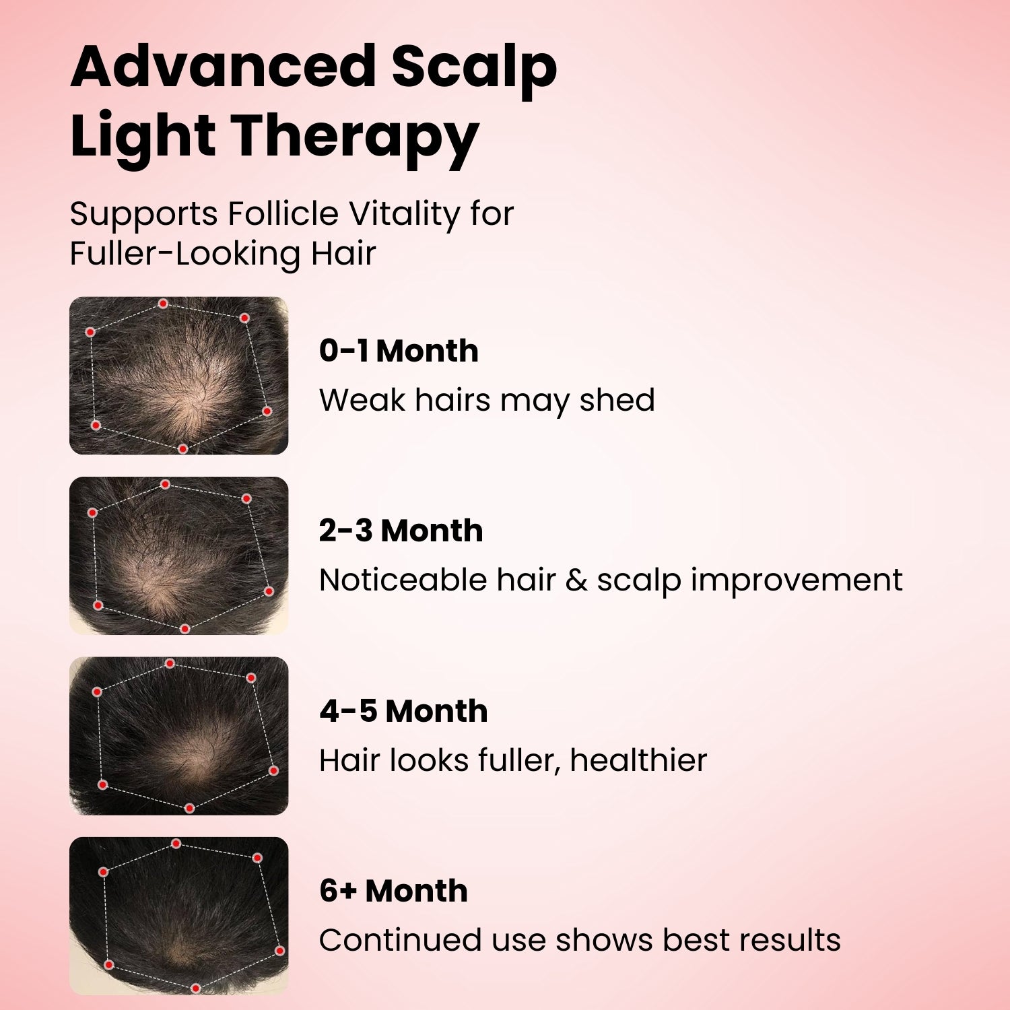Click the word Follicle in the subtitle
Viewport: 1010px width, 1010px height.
point(283,213)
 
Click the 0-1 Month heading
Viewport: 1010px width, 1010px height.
point(399,351)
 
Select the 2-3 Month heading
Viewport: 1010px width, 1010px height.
point(401,531)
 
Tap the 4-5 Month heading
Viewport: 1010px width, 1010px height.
point(403,711)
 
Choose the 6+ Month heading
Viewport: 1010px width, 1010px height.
point(393,891)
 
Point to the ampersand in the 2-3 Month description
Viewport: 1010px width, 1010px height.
point(576,580)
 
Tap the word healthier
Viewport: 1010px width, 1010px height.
point(638,760)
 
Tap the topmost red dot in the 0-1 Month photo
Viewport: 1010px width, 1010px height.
point(163,304)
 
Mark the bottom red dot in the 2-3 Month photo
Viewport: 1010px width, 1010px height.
point(185,629)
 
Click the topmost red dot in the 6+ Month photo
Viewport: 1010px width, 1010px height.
point(176,844)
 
